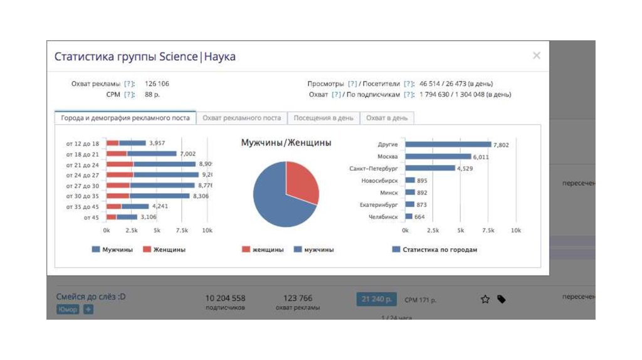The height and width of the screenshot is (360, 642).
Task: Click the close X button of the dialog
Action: pos(536,56)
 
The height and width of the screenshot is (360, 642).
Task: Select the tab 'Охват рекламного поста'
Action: pos(241,118)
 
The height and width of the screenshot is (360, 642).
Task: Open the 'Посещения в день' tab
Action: pos(324,118)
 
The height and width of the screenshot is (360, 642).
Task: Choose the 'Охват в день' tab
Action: pos(387,118)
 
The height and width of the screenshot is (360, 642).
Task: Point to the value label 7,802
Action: pos(501,145)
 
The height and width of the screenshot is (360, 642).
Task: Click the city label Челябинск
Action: pos(383,217)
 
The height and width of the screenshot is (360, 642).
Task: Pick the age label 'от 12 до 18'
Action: pos(83,144)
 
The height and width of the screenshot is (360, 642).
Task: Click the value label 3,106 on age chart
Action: pos(149,217)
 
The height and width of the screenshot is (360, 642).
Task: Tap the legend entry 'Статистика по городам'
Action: pos(439,250)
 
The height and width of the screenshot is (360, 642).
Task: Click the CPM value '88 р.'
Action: pos(152,95)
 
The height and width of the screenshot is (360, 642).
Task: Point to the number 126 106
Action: pos(157,83)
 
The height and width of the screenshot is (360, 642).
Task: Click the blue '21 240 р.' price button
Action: pos(376,300)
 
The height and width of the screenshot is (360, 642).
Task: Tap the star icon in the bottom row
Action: pos(485,300)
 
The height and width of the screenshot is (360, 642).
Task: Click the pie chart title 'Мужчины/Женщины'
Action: pos(286,143)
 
